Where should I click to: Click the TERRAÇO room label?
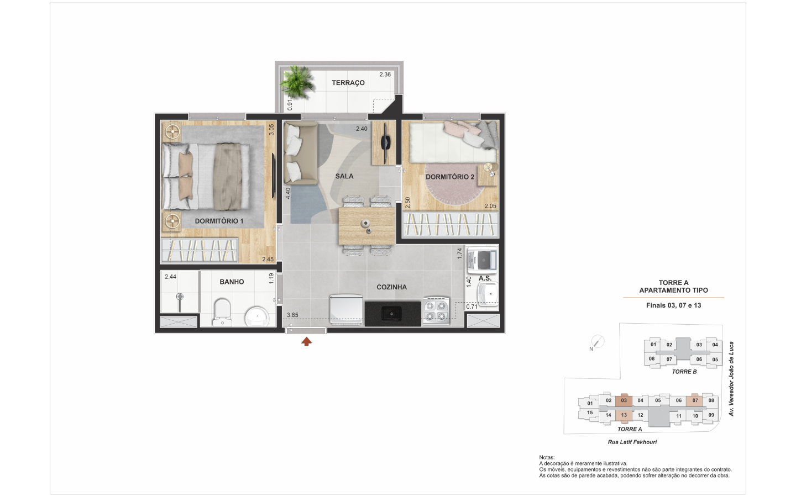348,83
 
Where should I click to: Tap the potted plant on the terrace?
297,82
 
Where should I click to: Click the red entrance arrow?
306,341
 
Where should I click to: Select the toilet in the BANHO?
222,313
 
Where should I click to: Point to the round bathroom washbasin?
257,316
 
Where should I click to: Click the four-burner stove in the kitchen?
436,311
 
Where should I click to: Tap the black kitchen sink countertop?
392,314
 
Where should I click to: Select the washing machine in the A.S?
482,261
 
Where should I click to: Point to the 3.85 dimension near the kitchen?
292,315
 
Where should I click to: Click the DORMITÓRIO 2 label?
450,177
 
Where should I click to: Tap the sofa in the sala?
301,153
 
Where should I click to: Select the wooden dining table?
367,226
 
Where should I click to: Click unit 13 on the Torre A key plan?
624,415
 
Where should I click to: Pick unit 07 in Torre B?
669,359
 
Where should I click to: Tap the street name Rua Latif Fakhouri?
632,442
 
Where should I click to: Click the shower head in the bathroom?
180,296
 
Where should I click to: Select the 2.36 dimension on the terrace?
385,75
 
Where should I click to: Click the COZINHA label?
391,287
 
